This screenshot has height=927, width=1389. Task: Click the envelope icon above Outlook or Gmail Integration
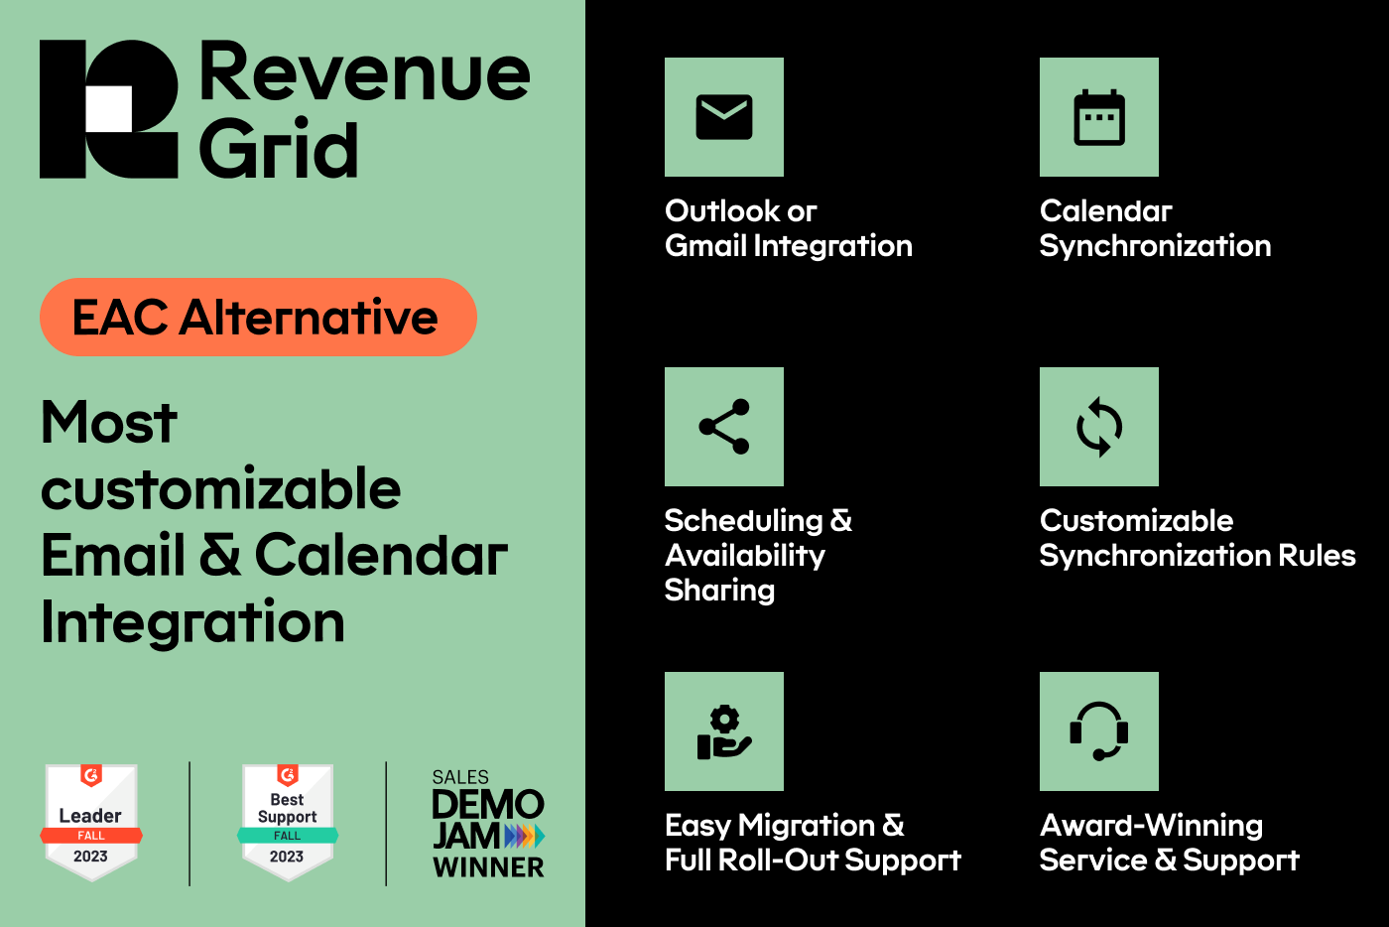tap(723, 117)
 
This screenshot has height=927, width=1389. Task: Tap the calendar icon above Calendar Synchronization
tap(1099, 117)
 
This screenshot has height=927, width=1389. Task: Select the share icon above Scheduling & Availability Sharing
tap(723, 426)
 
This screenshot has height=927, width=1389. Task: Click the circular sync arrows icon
tap(1099, 427)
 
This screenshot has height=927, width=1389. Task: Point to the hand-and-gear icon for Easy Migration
tap(723, 731)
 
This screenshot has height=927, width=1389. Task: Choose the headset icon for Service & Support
tap(1099, 731)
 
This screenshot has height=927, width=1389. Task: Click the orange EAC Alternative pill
tap(258, 317)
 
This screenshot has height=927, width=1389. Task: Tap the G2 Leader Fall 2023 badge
tap(91, 822)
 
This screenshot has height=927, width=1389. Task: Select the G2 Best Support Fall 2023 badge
tap(288, 822)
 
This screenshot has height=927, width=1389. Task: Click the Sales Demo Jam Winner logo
tap(488, 824)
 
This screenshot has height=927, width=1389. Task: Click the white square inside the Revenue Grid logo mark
tap(108, 108)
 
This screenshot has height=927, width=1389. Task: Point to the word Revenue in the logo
tap(365, 71)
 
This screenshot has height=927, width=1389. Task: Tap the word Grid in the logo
tap(279, 149)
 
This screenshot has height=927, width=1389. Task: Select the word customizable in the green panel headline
tap(220, 488)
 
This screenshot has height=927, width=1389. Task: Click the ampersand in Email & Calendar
tap(219, 554)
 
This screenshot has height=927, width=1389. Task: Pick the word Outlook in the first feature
tap(722, 211)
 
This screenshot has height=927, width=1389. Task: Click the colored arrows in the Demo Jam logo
tap(525, 836)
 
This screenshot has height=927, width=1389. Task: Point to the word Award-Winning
tap(1152, 825)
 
